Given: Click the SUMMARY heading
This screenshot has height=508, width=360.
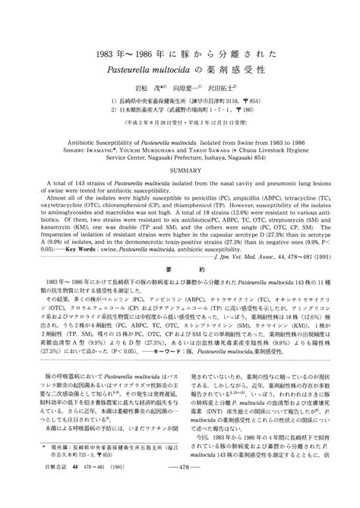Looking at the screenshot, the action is click(x=180, y=170).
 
